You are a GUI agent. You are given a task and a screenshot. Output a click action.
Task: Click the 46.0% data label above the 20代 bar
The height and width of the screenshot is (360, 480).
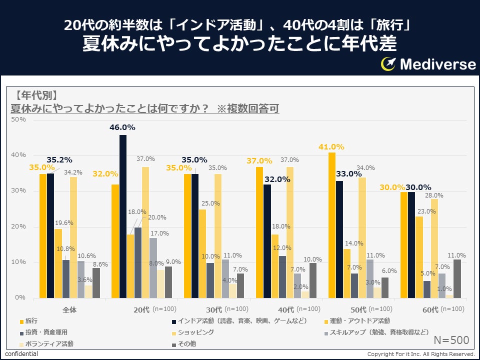pos(122,127)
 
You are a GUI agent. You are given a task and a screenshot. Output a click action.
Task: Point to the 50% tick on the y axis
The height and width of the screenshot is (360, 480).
pos(18,119)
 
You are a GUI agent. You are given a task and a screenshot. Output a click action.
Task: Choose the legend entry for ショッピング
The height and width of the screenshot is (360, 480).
pos(196,332)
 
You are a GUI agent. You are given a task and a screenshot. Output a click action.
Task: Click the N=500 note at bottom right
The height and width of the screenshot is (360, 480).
pos(451,340)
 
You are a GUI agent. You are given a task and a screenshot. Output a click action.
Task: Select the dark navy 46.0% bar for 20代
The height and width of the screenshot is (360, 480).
pos(123,216)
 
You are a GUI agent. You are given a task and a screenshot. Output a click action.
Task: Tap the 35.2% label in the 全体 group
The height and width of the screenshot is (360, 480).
pos(60,160)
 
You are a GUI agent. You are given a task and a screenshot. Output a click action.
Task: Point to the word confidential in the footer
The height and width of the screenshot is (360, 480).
pos(21,354)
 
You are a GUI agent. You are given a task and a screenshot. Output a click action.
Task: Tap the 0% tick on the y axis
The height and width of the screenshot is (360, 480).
pos(20,297)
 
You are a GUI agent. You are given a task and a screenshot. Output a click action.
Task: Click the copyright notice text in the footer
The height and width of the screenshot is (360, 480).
pos(420,354)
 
